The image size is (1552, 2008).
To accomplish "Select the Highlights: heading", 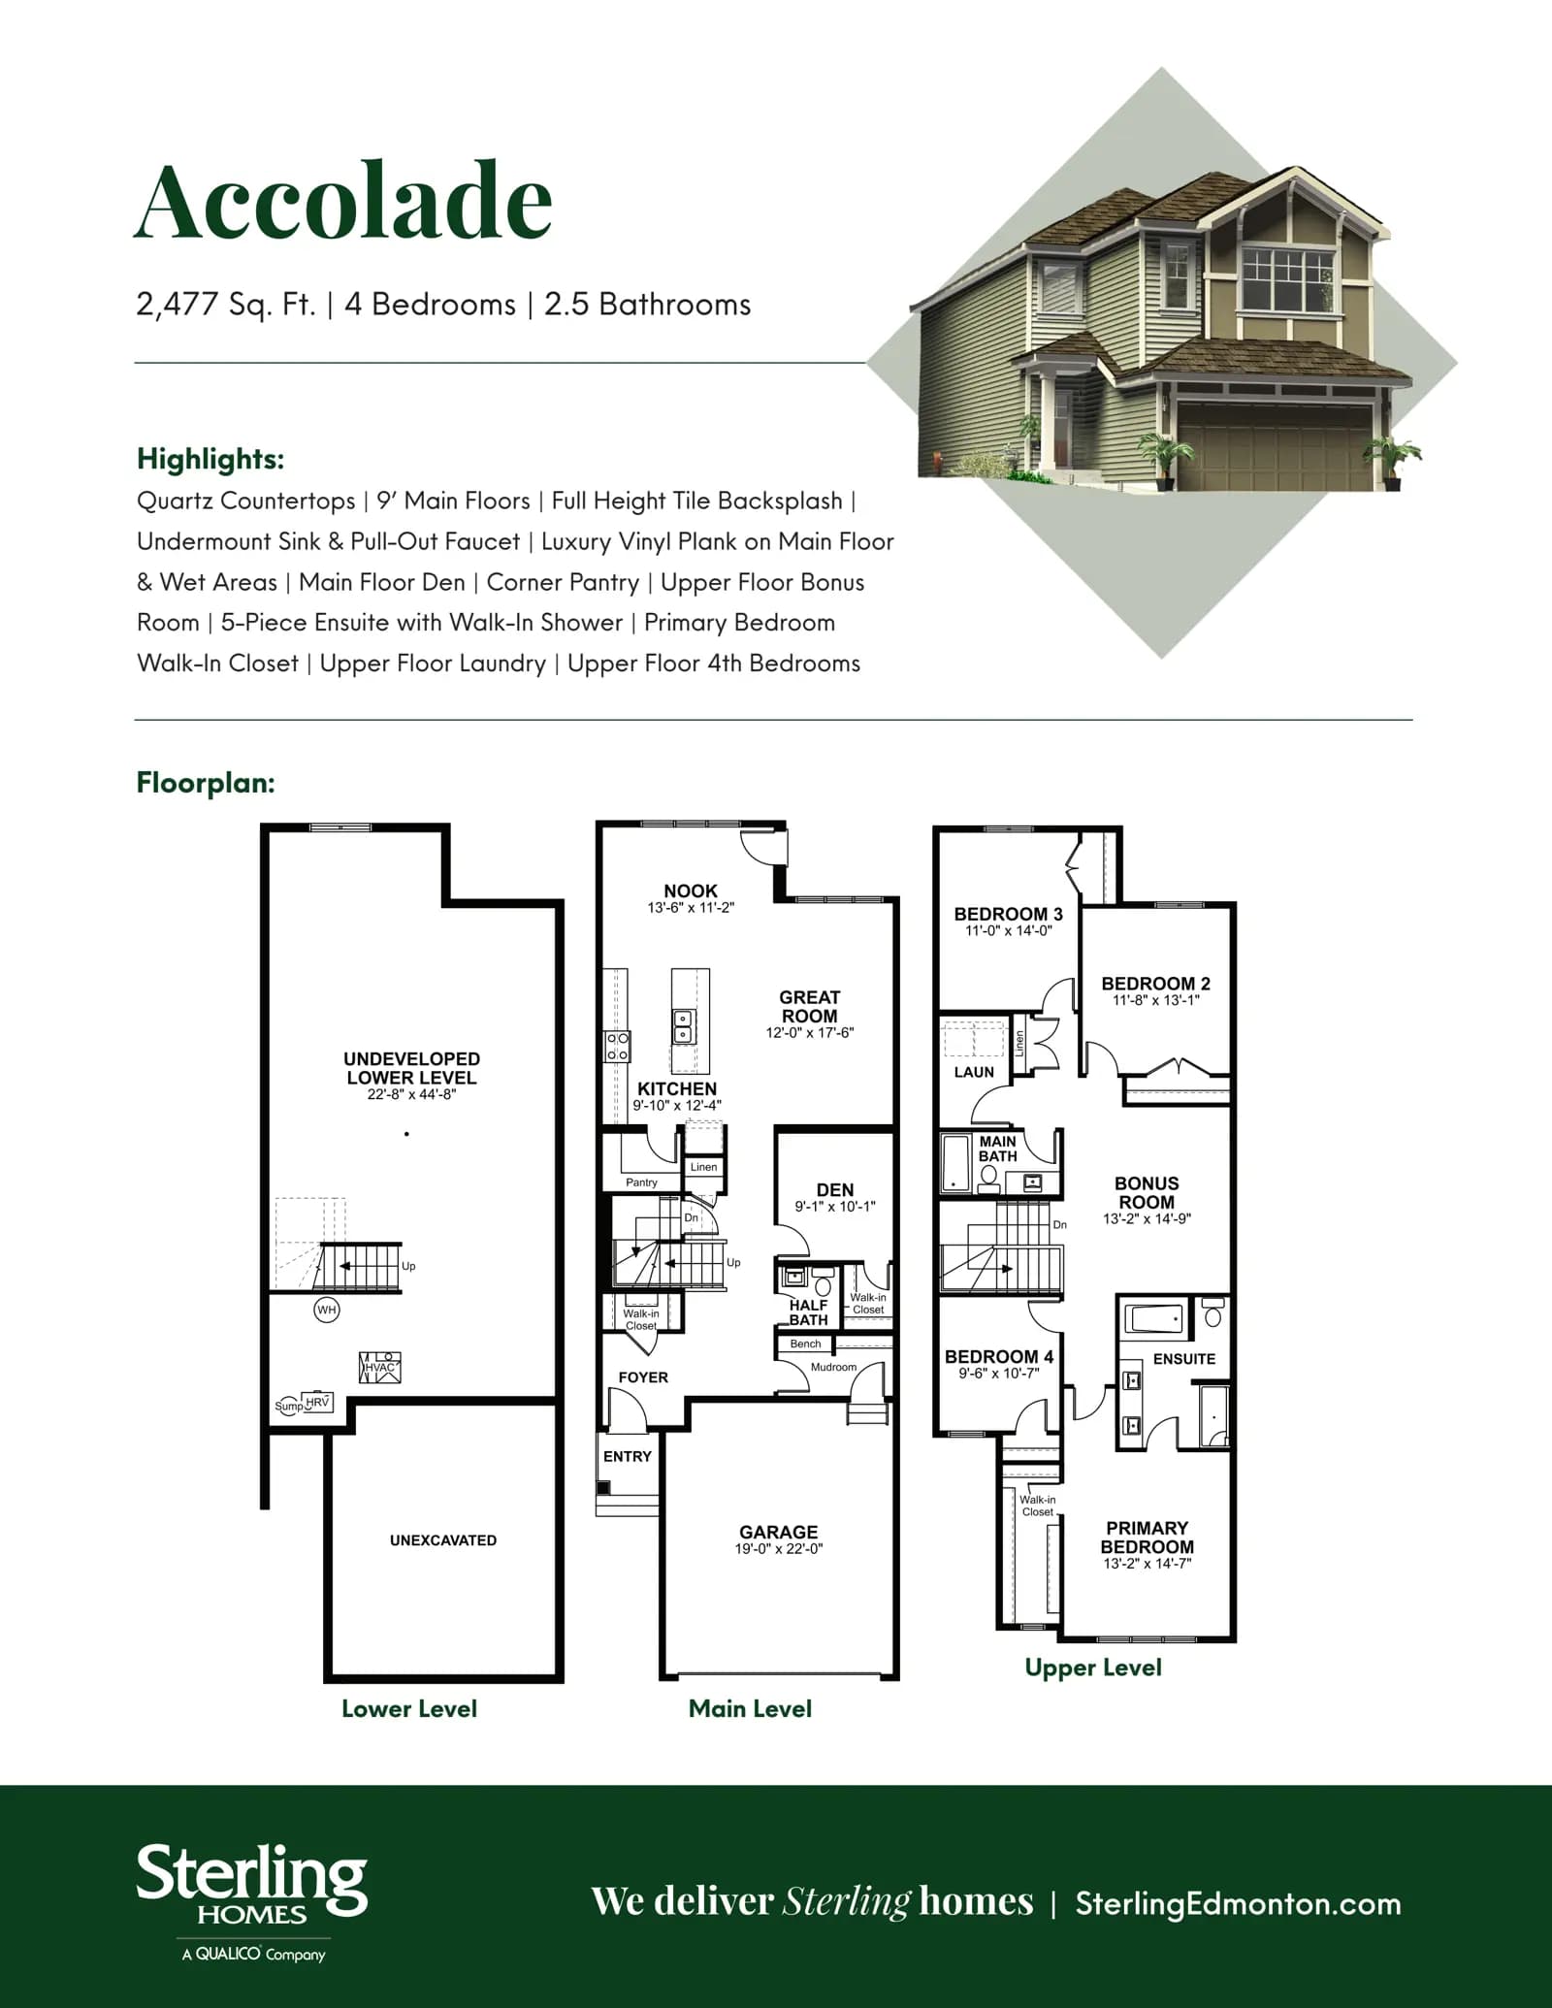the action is pyautogui.click(x=210, y=458).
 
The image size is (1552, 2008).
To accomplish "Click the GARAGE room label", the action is pyautogui.click(x=778, y=1532).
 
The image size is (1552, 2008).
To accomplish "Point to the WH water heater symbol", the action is pyautogui.click(x=327, y=1310).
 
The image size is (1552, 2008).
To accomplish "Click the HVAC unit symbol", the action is pyautogui.click(x=380, y=1367).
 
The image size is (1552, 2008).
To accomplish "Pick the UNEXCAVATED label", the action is pyautogui.click(x=443, y=1539).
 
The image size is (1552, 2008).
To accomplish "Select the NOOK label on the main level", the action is pyautogui.click(x=691, y=891).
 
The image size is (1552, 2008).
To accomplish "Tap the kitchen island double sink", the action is pyautogui.click(x=683, y=1025).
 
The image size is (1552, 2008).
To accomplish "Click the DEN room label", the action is pyautogui.click(x=835, y=1189).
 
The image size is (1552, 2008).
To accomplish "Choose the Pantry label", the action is pyautogui.click(x=641, y=1182).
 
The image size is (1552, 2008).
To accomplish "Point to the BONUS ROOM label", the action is pyautogui.click(x=1147, y=1192).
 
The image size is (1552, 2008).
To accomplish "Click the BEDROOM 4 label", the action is pyautogui.click(x=999, y=1356).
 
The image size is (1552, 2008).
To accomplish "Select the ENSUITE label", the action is pyautogui.click(x=1183, y=1359).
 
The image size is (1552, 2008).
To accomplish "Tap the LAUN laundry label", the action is pyautogui.click(x=974, y=1072).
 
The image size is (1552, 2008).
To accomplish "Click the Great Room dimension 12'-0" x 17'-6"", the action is pyautogui.click(x=810, y=1033).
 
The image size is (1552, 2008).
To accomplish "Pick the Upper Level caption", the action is pyautogui.click(x=1093, y=1668).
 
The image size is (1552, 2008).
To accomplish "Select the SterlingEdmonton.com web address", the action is pyautogui.click(x=1238, y=1903).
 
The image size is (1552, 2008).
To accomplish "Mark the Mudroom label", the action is pyautogui.click(x=833, y=1367).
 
